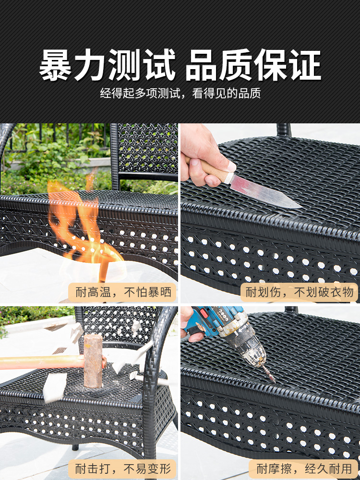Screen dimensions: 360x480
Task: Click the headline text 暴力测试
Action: (x=108, y=65)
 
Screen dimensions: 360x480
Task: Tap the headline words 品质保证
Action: (x=253, y=65)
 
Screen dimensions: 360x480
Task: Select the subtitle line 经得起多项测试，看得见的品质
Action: (x=180, y=93)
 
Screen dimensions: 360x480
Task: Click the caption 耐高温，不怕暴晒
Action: (x=123, y=292)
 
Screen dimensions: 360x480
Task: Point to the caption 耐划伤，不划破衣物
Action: (x=300, y=292)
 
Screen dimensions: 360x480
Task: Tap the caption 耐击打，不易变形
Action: (x=123, y=468)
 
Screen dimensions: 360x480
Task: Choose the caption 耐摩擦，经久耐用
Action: (x=304, y=468)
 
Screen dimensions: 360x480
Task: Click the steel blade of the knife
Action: (x=265, y=192)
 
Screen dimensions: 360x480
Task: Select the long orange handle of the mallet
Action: (x=42, y=362)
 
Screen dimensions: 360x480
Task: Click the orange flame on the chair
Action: (x=83, y=227)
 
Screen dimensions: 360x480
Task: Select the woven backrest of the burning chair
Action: (x=147, y=149)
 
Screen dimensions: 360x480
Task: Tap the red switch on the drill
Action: (x=204, y=313)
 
